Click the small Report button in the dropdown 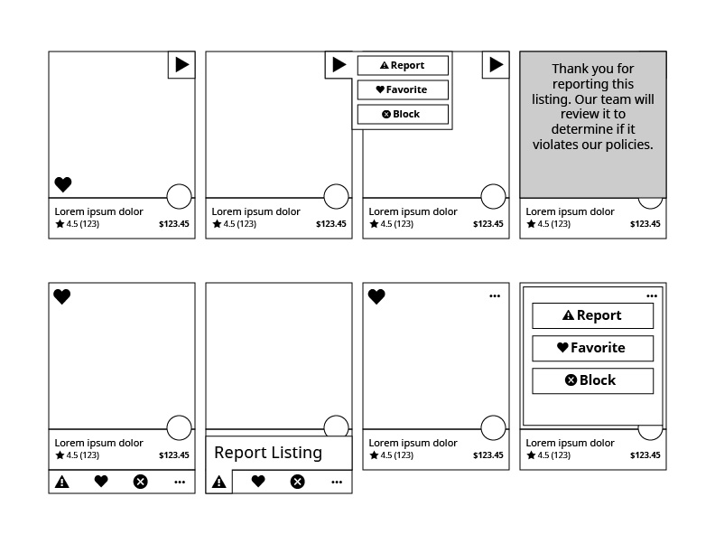403,65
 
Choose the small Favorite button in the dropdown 403,89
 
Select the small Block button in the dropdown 403,114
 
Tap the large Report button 592,315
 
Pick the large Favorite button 592,348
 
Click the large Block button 592,380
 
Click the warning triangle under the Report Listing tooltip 218,483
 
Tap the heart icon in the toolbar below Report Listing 258,482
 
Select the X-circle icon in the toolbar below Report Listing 297,482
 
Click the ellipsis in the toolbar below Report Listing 337,482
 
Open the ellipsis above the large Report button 652,295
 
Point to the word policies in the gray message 626,145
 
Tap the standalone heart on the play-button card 63,184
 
